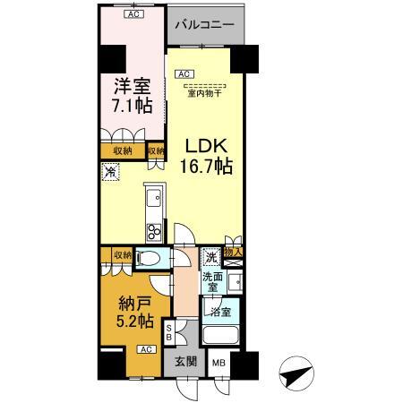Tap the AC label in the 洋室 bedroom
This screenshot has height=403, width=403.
click(133, 14)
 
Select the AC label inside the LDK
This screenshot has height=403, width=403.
click(183, 73)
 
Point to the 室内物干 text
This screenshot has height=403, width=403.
click(206, 90)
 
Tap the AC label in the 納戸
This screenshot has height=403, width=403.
click(143, 350)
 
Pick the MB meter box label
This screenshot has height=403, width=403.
click(219, 363)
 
